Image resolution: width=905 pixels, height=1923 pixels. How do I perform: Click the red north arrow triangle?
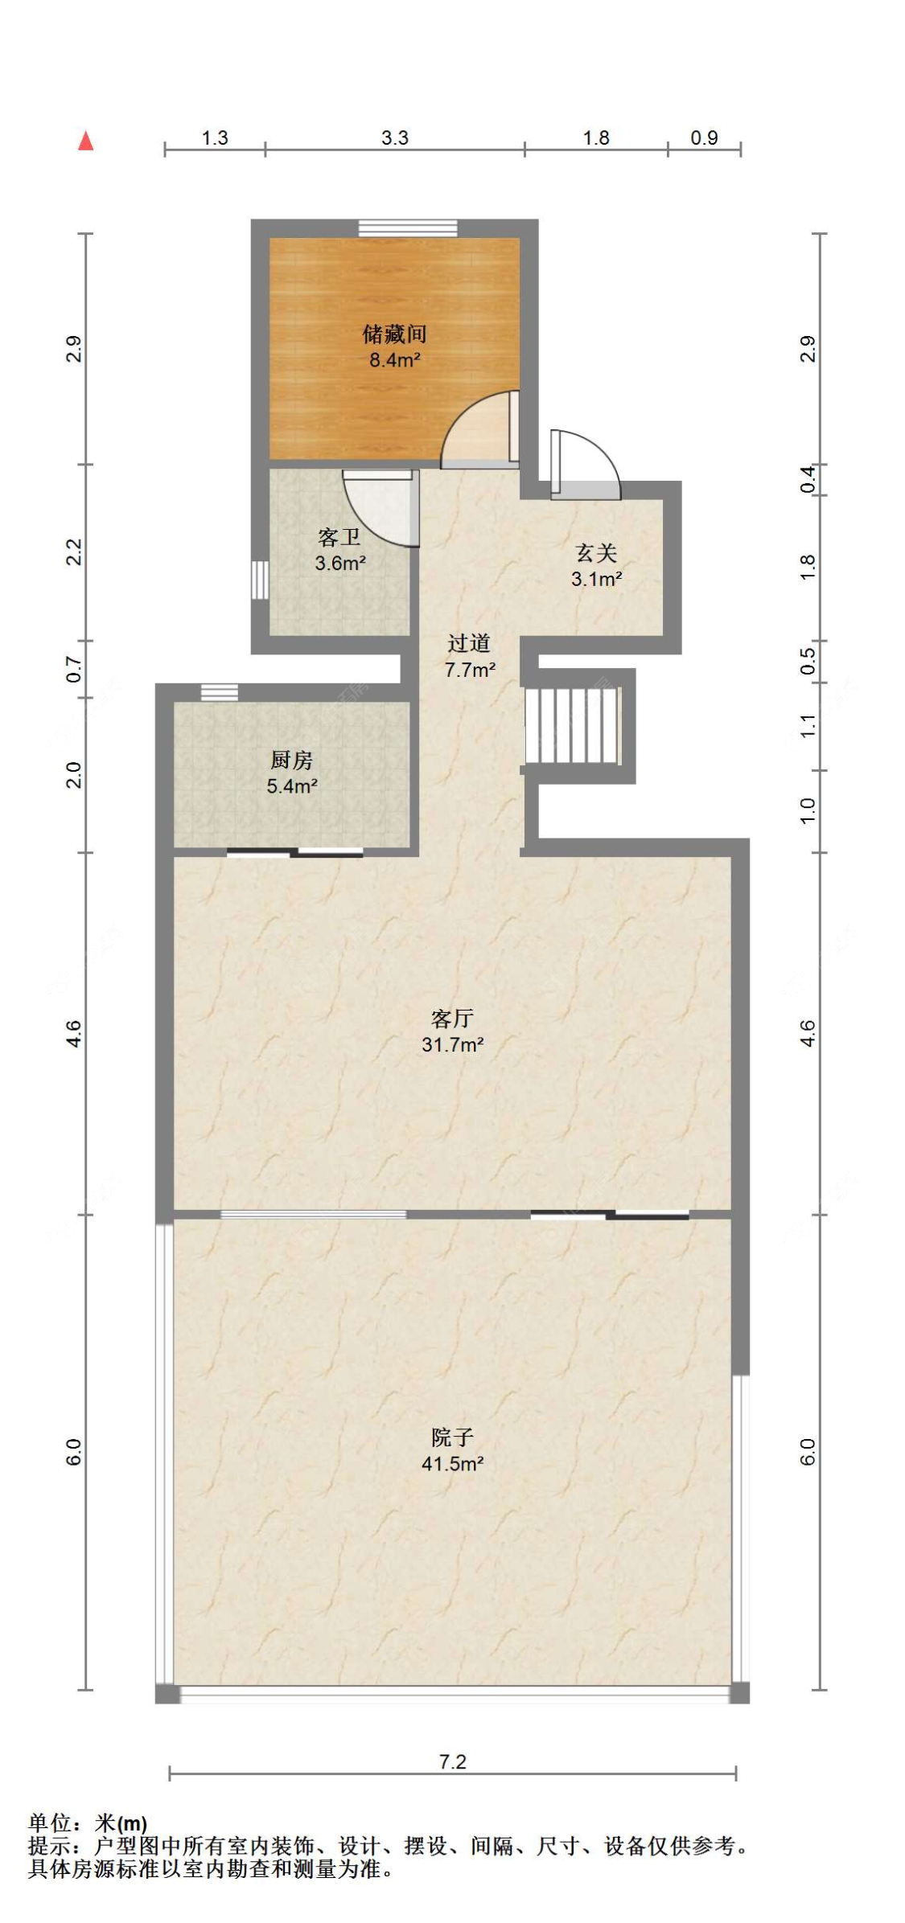click(86, 141)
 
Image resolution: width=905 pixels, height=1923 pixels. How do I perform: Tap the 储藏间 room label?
click(394, 334)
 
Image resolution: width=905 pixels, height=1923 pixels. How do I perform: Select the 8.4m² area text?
click(395, 360)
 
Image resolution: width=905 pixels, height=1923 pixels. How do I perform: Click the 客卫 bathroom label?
click(339, 536)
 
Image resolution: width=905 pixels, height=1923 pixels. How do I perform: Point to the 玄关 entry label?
click(596, 552)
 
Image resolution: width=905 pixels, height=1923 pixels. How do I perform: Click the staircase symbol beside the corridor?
click(573, 725)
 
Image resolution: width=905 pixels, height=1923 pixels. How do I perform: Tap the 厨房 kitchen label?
click(291, 760)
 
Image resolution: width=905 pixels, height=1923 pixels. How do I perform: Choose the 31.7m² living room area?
click(453, 1045)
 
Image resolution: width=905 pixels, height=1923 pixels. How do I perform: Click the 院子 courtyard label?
click(452, 1437)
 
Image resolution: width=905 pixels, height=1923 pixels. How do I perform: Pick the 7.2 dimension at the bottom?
click(453, 1761)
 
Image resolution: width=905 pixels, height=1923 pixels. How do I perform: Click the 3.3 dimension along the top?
click(395, 137)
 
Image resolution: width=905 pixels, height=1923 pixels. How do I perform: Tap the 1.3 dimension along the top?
click(215, 137)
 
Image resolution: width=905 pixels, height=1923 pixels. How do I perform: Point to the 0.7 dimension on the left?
click(74, 670)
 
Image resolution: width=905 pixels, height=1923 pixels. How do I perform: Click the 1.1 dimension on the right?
click(808, 726)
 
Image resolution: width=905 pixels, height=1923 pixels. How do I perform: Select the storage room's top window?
click(408, 228)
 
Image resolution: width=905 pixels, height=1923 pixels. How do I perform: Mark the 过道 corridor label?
click(469, 643)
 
